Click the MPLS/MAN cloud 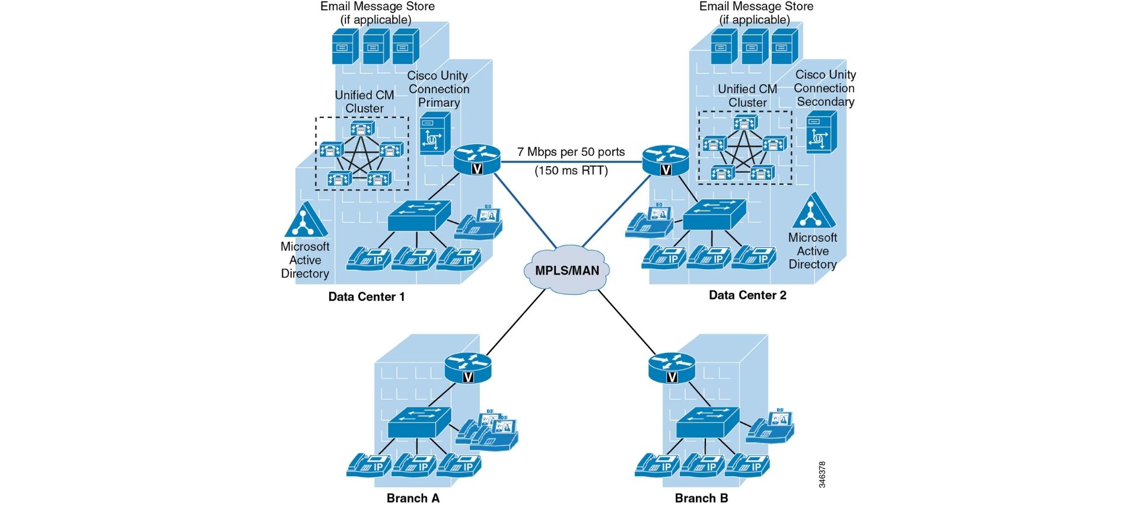coord(567,270)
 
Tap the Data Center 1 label coord(367,297)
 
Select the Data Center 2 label coord(747,295)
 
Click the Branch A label coord(413,498)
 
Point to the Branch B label coord(701,498)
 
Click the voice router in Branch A coord(468,368)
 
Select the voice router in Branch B coord(672,368)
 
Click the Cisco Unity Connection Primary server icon coord(435,134)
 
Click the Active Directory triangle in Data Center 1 coord(306,221)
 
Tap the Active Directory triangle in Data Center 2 coord(813,212)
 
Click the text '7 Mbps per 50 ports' coord(571,152)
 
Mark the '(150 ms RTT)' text coord(571,171)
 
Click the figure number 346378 coord(822,474)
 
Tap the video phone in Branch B coord(771,426)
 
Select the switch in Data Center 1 coord(419,215)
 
